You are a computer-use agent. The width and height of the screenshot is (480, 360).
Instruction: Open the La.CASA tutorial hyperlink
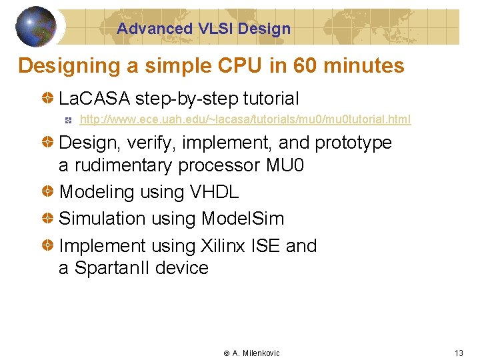tap(245, 120)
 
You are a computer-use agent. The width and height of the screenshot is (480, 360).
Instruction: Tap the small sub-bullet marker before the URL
tap(68, 120)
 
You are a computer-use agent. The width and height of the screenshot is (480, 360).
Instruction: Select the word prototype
tap(353, 143)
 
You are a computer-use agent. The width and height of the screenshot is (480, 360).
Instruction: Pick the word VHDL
tap(214, 192)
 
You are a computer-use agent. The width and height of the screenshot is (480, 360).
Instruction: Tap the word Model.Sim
tap(242, 219)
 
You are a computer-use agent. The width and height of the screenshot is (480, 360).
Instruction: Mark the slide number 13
tap(458, 353)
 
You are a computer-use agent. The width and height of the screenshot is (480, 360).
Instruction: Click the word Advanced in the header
tap(155, 29)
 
